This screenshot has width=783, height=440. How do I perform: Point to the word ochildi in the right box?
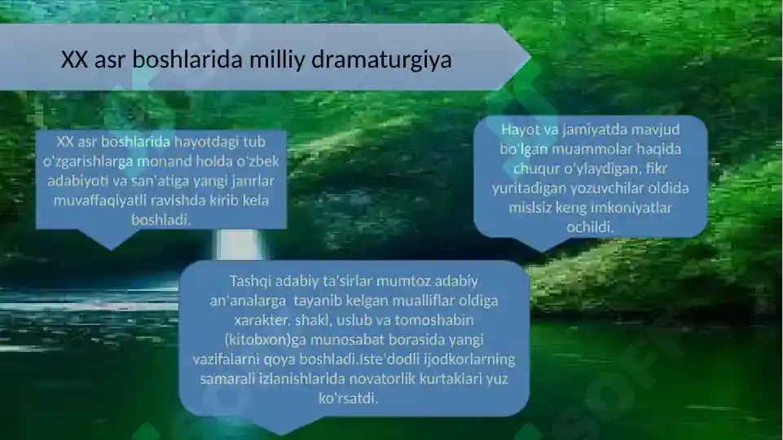pos(591,227)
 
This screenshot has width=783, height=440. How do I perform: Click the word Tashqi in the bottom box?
pos(254,282)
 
